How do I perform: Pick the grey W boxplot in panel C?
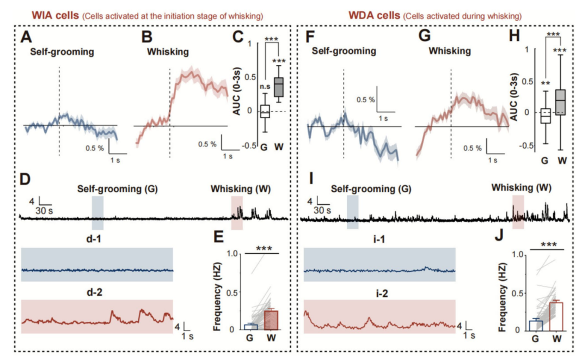point(279,87)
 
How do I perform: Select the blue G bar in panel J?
point(536,325)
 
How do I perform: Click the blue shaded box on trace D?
point(97,213)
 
